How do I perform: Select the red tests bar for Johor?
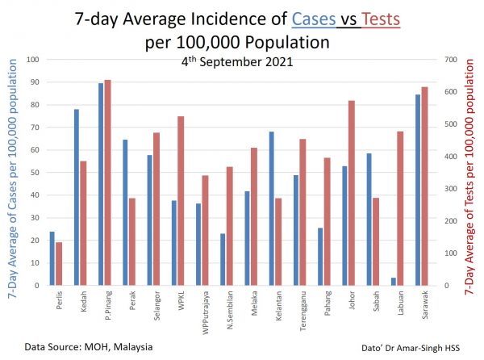[352, 192]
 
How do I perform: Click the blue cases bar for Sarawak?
[418, 190]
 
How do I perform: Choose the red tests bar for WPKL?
[181, 200]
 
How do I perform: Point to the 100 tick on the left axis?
[33, 60]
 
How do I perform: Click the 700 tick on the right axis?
[440, 60]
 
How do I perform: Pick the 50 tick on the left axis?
[35, 173]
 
